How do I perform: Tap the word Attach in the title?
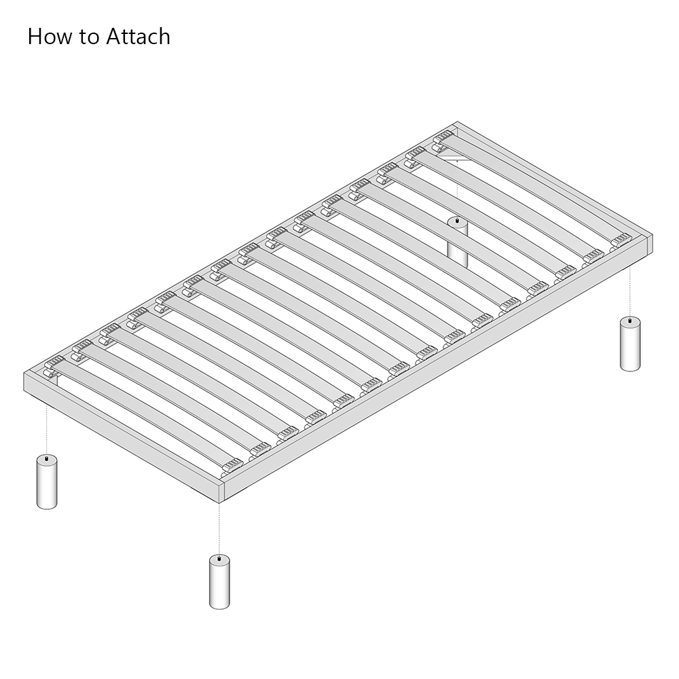point(138,37)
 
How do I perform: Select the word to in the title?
point(89,37)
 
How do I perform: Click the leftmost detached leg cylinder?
point(47,481)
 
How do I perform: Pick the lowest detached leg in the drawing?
point(219,582)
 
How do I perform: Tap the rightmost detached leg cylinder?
point(630,344)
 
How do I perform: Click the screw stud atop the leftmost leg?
point(47,458)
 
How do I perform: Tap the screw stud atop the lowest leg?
point(219,559)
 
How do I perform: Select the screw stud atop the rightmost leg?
point(630,320)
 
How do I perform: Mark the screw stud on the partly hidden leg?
point(458,221)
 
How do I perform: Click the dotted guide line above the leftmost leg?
point(47,428)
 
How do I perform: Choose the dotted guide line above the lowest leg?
point(219,529)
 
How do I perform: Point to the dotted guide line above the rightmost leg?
point(630,291)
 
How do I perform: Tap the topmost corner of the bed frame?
point(457,123)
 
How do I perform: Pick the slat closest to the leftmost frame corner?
point(143,414)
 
